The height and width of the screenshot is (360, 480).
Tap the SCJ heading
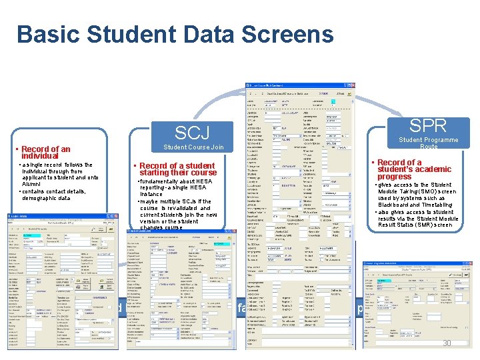(x=192, y=132)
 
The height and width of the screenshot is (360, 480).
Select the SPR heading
(x=428, y=125)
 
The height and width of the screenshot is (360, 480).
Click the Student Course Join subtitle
(x=193, y=147)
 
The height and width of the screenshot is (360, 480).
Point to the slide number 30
(x=447, y=343)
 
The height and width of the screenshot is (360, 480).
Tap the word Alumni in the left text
(x=32, y=185)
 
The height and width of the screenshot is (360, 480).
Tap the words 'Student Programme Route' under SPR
(x=428, y=143)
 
